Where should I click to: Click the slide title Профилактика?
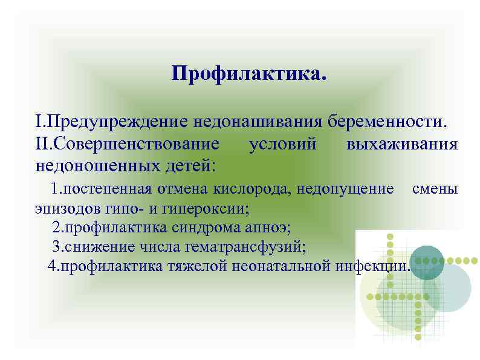click(248, 75)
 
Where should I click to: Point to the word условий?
click(283, 145)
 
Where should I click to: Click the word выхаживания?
click(403, 145)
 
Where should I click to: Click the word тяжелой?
click(196, 266)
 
